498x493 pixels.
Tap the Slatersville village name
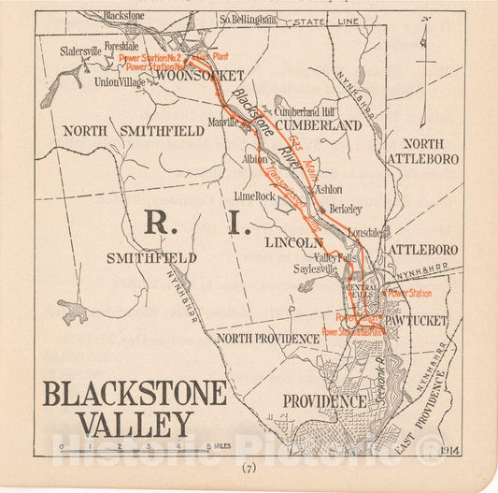coord(81,52)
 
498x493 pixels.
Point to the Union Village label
coord(121,82)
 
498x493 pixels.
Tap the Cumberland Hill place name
coord(304,111)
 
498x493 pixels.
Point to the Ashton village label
coord(328,189)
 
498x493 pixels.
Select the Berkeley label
coord(345,209)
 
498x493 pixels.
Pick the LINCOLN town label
coord(293,242)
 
